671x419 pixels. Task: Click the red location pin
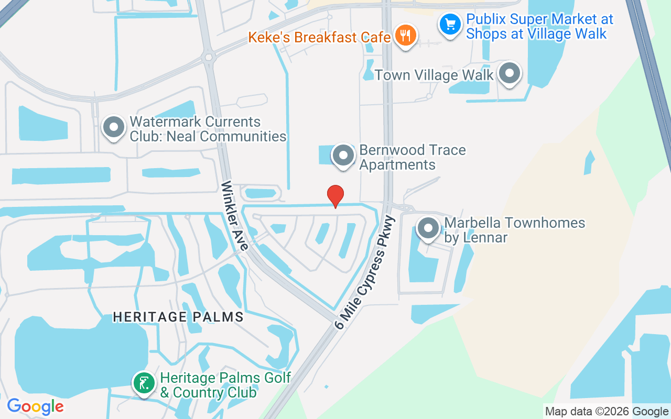(x=335, y=195)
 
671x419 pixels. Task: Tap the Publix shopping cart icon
(x=450, y=24)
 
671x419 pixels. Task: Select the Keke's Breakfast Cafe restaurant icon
(x=405, y=36)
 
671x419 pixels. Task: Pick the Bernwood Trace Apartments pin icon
(x=344, y=155)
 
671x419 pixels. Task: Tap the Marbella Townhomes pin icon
(x=428, y=228)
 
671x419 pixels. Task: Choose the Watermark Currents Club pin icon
(x=114, y=126)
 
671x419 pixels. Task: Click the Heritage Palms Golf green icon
(x=144, y=382)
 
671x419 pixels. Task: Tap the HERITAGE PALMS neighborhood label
(x=179, y=317)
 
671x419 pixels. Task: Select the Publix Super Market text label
(x=539, y=27)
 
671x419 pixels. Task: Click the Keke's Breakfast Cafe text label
(x=319, y=38)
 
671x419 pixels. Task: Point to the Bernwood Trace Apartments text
(x=412, y=157)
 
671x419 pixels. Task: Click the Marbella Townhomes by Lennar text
(x=514, y=230)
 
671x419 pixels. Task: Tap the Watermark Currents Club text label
(x=208, y=129)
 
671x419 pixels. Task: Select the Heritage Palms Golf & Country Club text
(x=225, y=385)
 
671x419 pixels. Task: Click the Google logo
(x=36, y=406)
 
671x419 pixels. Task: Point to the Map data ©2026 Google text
(x=606, y=412)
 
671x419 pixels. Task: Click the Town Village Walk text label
(x=434, y=75)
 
